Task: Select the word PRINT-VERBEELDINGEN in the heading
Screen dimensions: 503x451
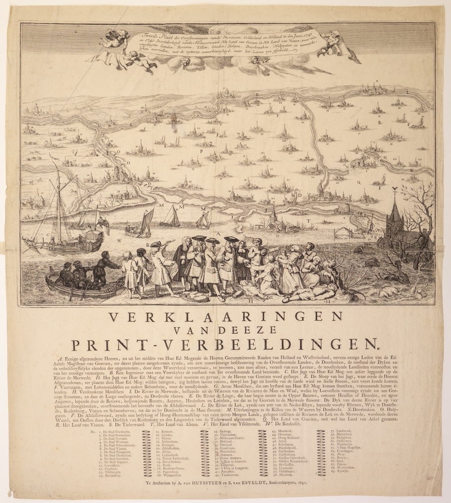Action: point(224,344)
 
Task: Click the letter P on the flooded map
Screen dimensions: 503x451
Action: point(201,151)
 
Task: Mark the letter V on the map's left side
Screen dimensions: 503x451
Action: point(75,152)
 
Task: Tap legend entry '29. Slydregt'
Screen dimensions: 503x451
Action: point(228,432)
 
